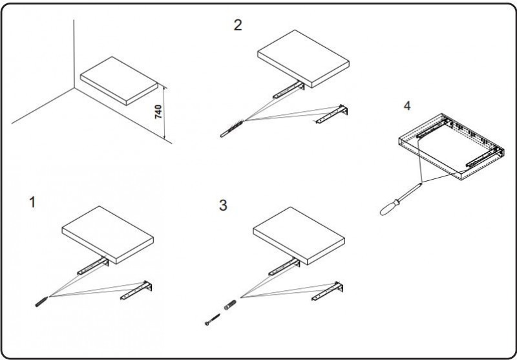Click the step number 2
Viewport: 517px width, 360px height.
click(x=238, y=25)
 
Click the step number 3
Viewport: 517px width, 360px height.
click(x=223, y=206)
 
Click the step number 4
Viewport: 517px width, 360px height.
click(x=406, y=105)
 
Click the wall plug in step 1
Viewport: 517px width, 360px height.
click(x=39, y=302)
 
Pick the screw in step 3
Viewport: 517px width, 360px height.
click(x=209, y=320)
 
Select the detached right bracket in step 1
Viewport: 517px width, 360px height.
click(x=138, y=291)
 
